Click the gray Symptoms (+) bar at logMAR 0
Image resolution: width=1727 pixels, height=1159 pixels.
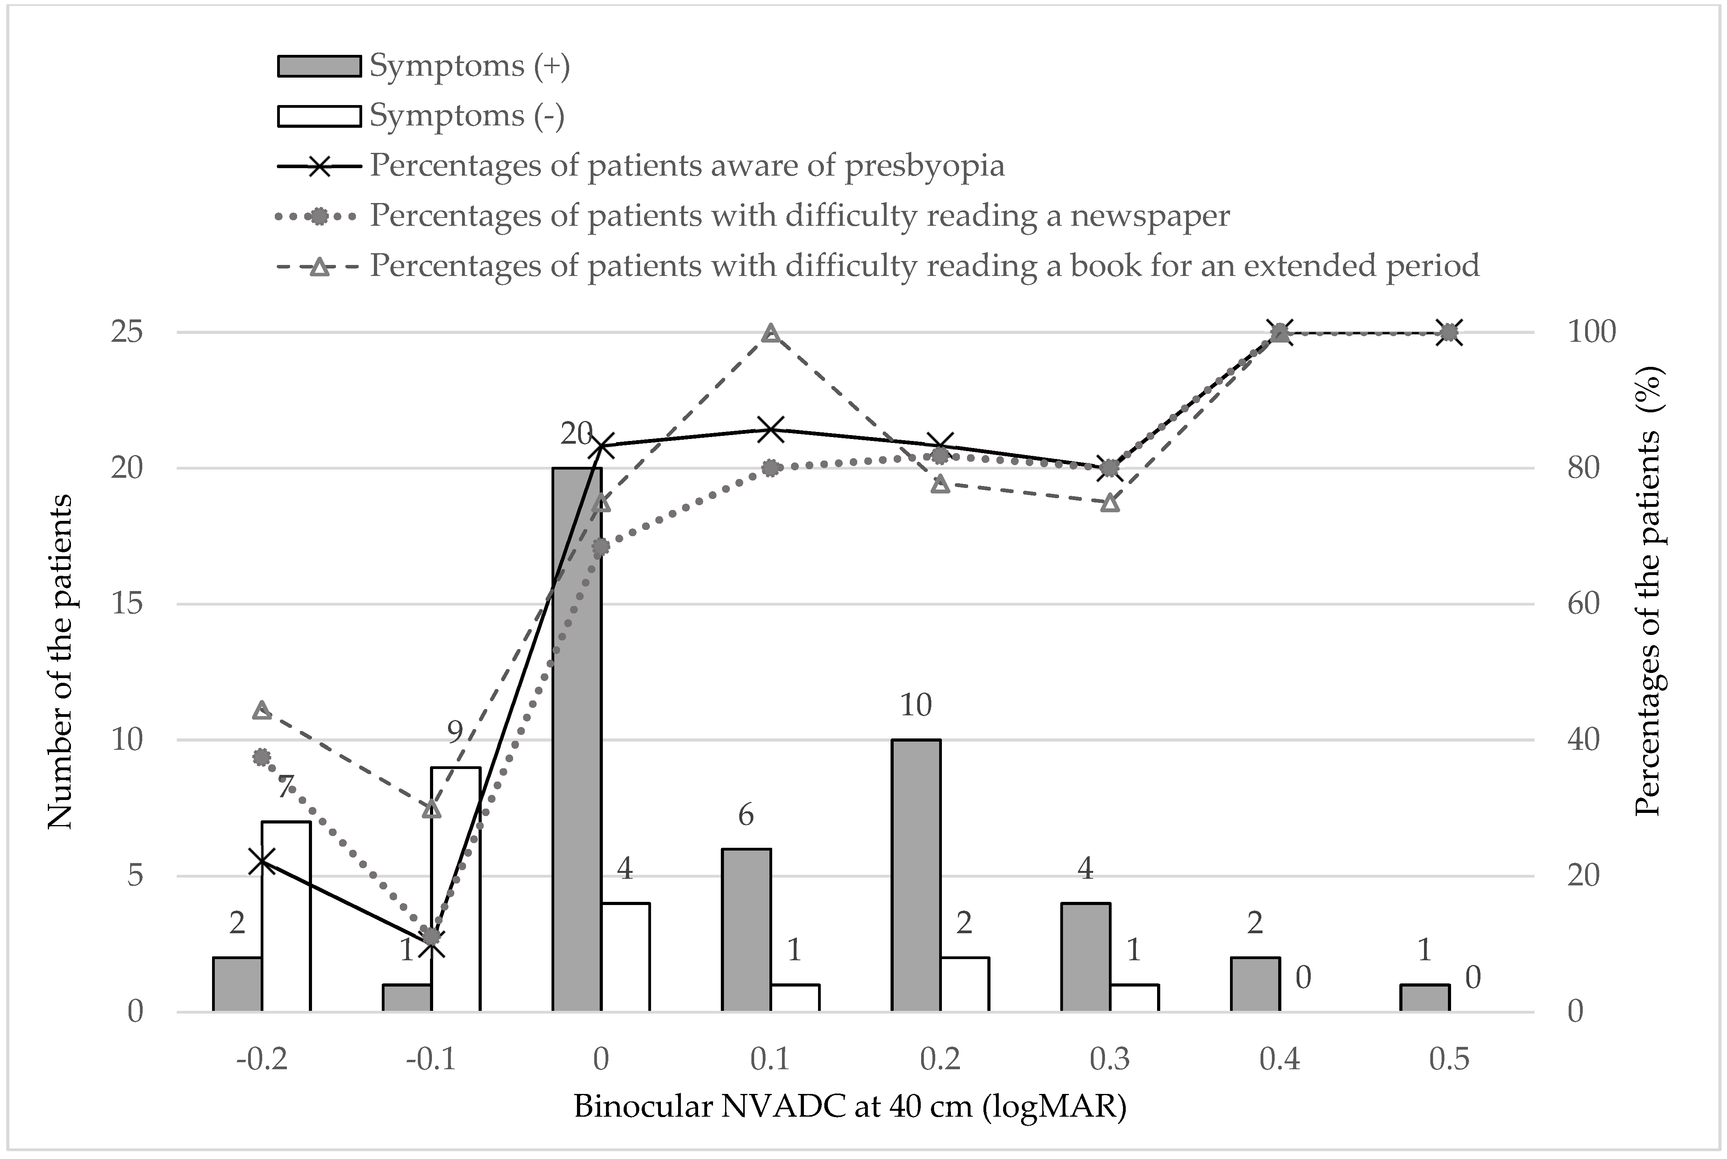[x=577, y=739]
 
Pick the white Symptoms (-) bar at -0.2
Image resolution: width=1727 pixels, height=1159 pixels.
[x=286, y=916]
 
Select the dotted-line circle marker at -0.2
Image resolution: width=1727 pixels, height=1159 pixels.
[x=261, y=757]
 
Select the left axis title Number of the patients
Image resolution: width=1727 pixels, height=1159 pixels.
[x=61, y=662]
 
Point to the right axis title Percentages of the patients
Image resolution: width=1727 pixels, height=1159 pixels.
[x=1646, y=591]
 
